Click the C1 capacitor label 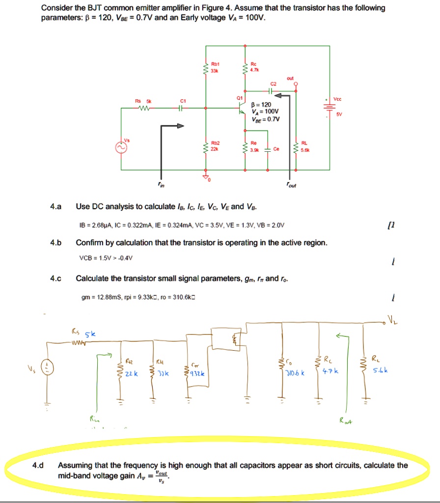tap(182, 101)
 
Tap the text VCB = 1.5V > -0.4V tap(106, 257)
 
